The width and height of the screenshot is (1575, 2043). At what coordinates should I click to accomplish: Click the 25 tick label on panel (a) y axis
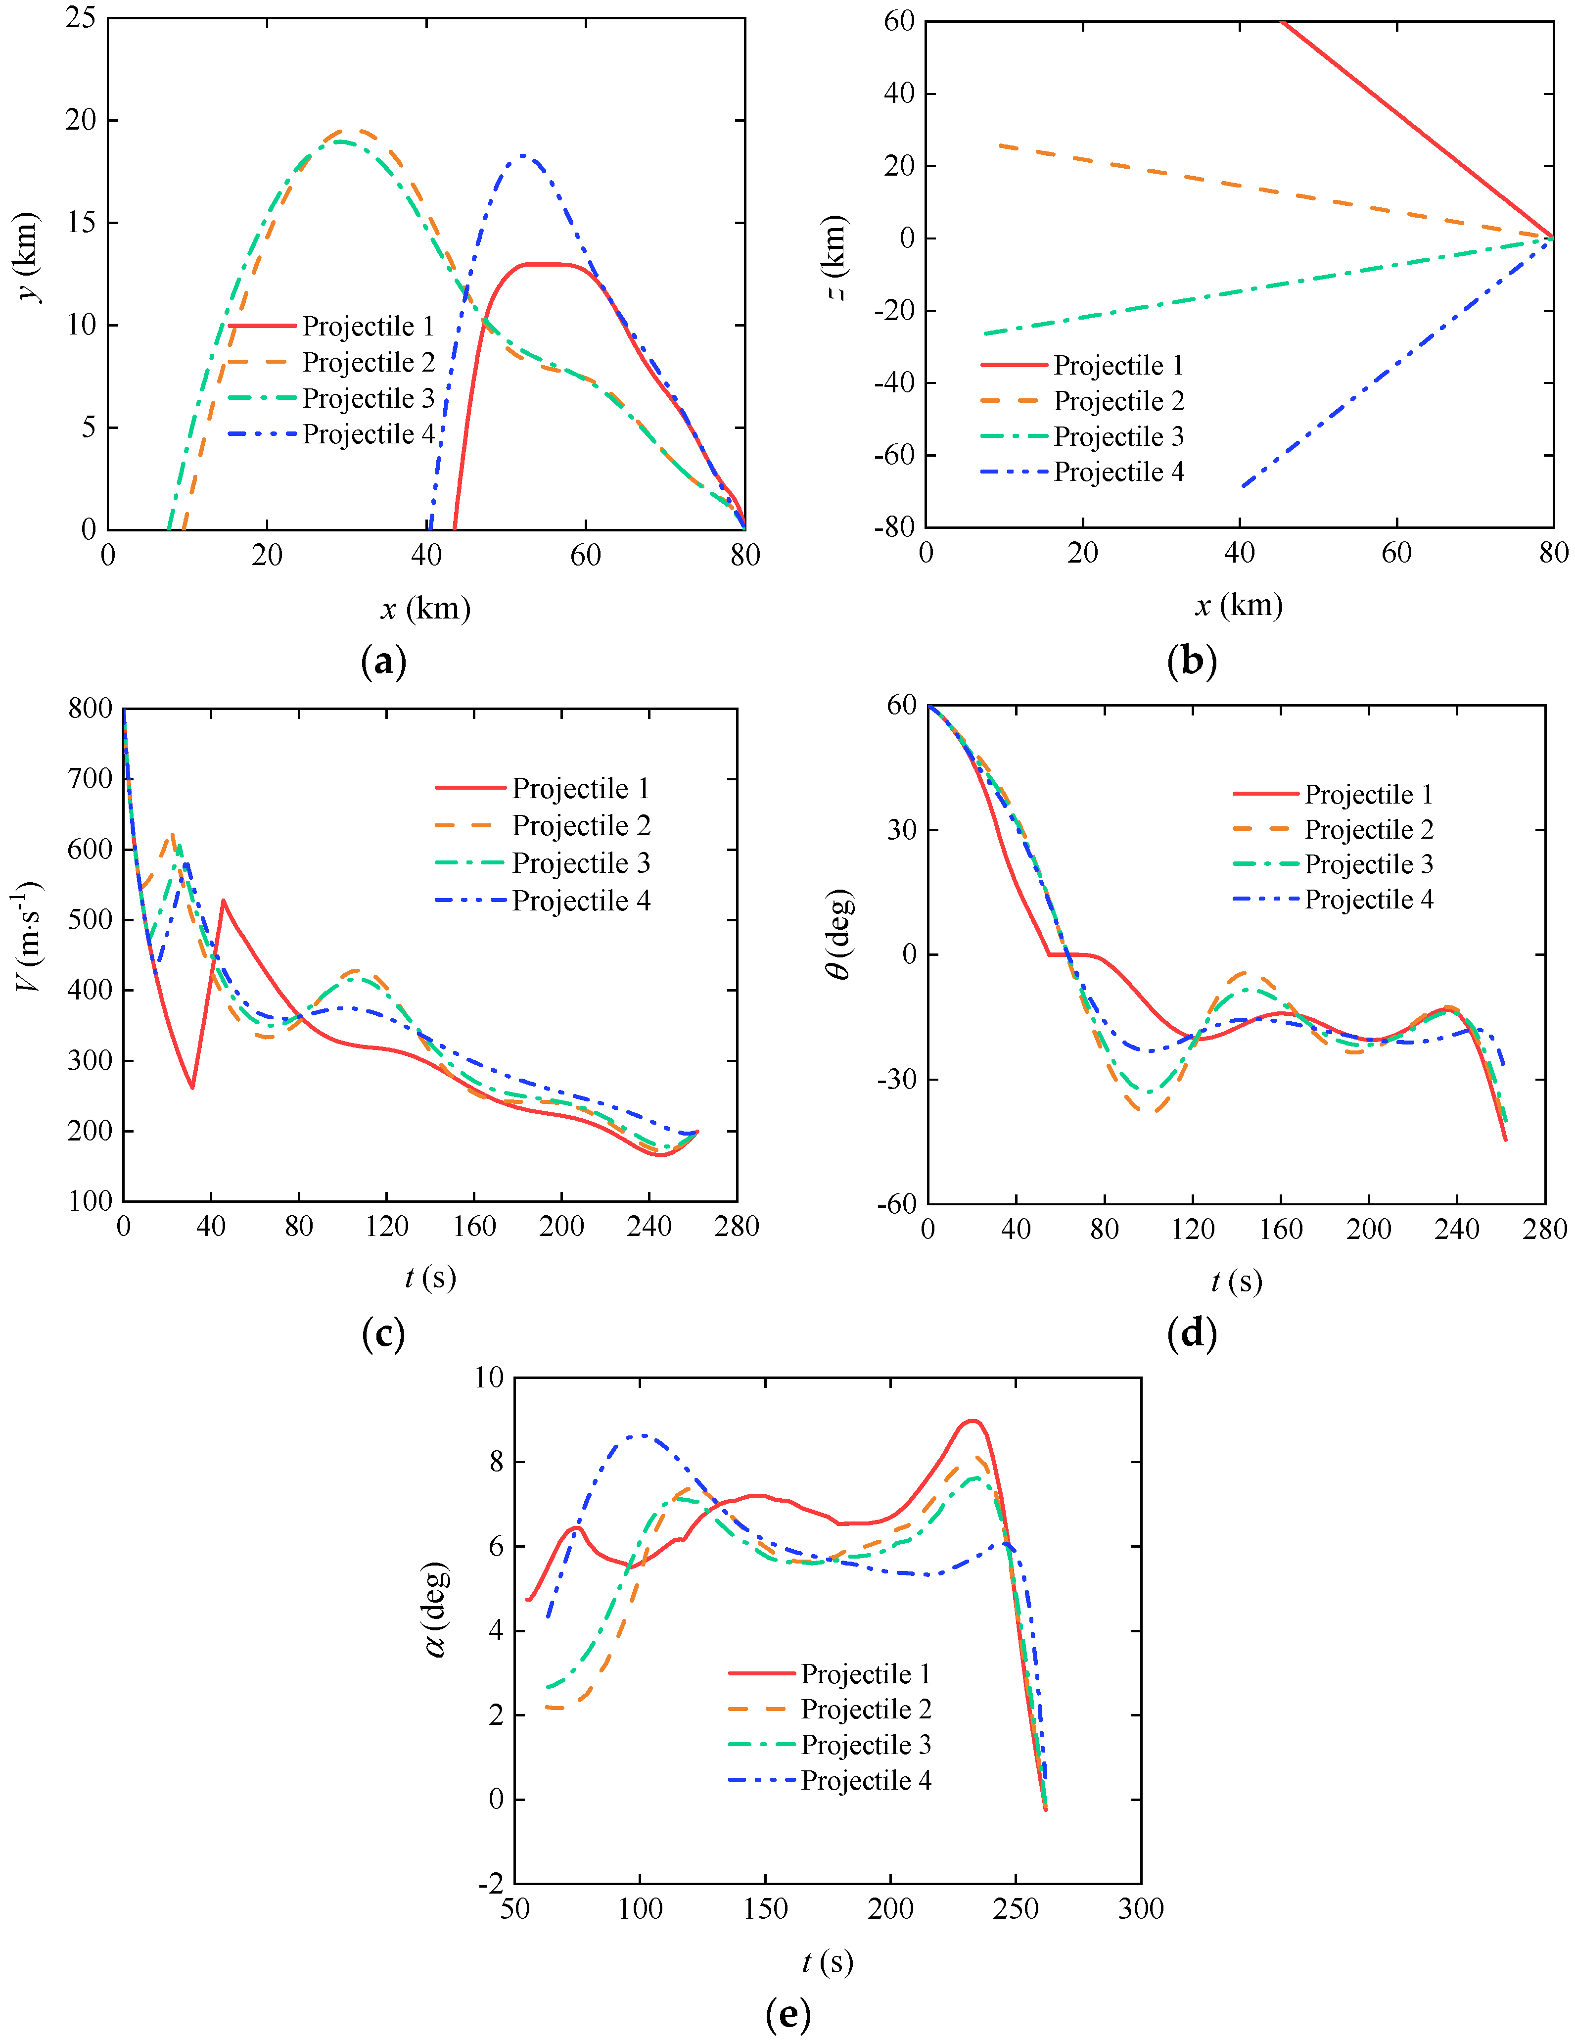(x=81, y=18)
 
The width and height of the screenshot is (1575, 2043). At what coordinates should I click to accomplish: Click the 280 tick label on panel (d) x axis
(x=1544, y=1229)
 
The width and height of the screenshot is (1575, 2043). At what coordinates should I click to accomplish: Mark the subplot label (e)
(x=787, y=2014)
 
